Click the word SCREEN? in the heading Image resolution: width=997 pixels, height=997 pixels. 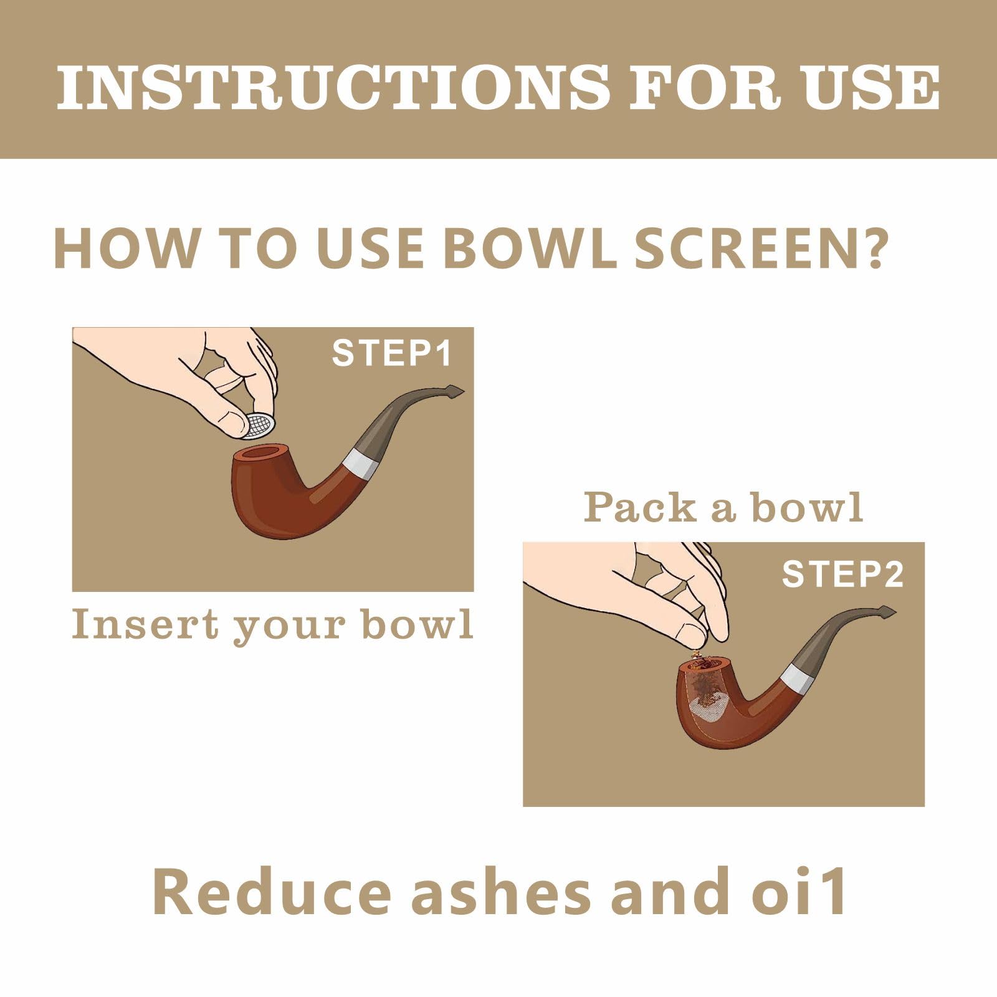click(759, 248)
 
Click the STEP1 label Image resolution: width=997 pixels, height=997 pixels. click(392, 353)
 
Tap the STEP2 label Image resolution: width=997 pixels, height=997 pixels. click(842, 574)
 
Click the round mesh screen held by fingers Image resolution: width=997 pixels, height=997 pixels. click(259, 426)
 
